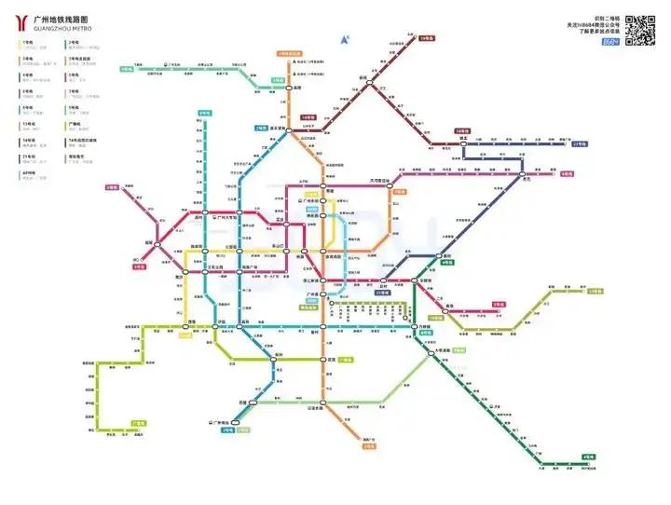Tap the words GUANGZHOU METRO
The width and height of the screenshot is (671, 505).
coord(62,29)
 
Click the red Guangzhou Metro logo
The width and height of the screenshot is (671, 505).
coord(21,23)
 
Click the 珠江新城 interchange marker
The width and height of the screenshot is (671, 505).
coord(323,280)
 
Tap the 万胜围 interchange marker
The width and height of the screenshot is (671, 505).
coord(414,326)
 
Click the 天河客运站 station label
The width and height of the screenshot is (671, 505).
coord(389,180)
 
